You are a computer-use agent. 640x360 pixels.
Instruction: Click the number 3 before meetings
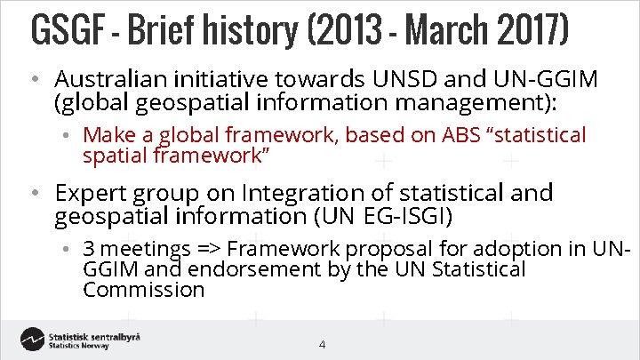pyautogui.click(x=88, y=249)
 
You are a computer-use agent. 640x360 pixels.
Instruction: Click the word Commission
pyautogui.click(x=143, y=290)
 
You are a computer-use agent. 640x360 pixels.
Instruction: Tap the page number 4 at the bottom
pyautogui.click(x=322, y=344)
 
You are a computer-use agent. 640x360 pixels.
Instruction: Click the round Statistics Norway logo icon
pyautogui.click(x=33, y=340)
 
